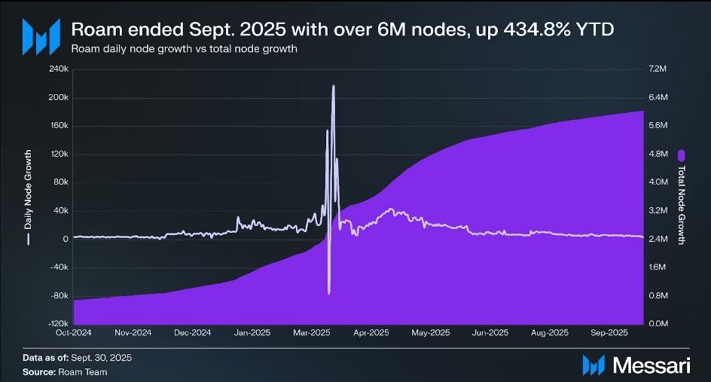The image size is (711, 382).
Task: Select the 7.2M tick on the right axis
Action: [658, 69]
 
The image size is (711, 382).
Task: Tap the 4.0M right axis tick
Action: [658, 182]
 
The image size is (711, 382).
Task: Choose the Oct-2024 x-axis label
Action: [74, 332]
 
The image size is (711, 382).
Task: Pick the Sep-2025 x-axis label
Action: [609, 332]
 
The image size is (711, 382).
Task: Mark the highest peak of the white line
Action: [333, 86]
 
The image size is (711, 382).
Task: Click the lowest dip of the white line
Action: [328, 293]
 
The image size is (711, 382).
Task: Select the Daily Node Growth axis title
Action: [28, 194]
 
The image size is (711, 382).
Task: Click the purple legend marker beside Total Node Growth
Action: [682, 155]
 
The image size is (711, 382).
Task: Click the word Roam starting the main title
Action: [91, 29]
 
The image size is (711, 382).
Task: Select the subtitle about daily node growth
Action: [184, 49]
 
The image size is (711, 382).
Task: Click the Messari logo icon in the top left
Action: [40, 35]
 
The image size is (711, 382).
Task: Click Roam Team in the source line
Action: [83, 371]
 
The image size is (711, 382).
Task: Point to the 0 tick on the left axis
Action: [66, 239]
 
